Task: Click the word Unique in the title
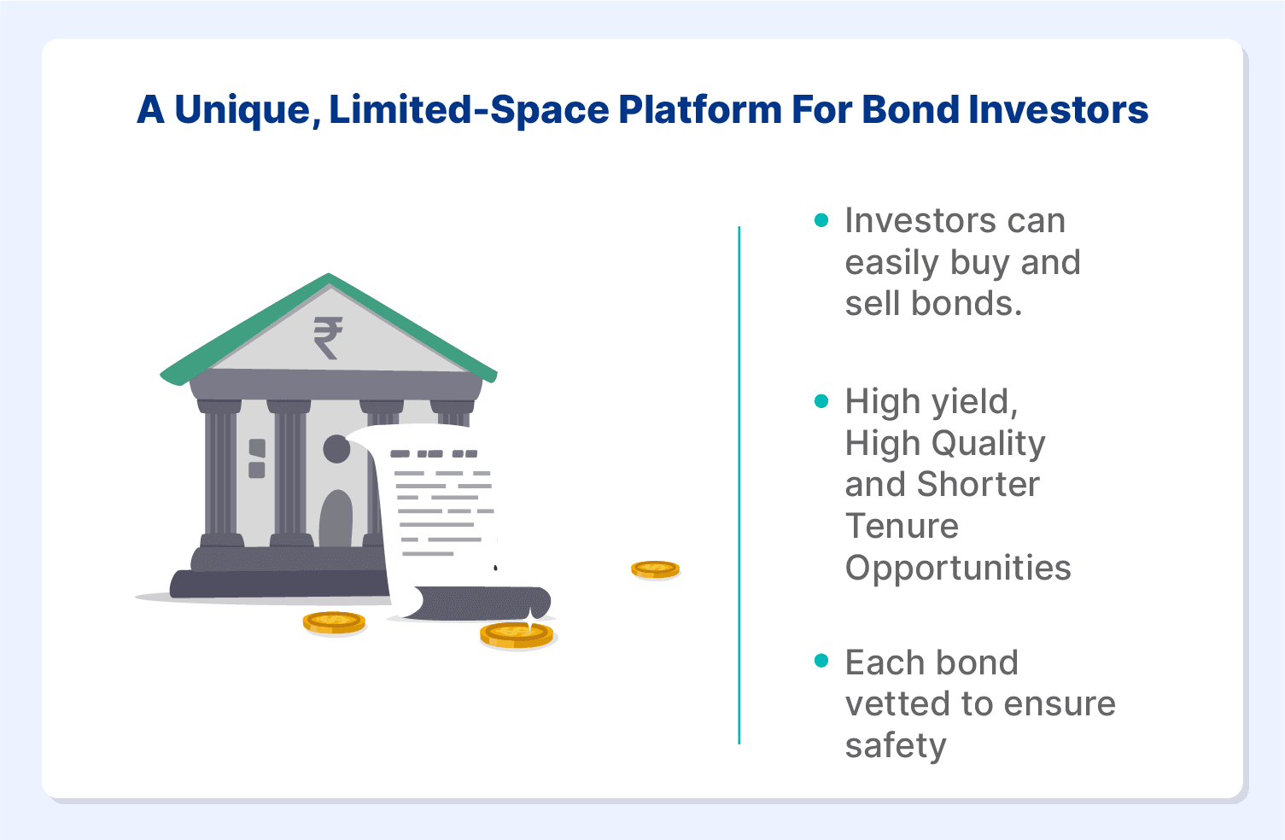click(245, 110)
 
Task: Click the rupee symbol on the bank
click(328, 337)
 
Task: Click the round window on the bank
click(336, 448)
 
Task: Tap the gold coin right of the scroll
click(655, 569)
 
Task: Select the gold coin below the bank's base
click(334, 622)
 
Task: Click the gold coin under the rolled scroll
click(516, 634)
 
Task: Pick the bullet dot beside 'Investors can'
click(821, 220)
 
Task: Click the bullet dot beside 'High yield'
click(821, 401)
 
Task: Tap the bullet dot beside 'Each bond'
click(821, 662)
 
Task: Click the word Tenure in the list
click(902, 526)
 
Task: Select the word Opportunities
click(958, 568)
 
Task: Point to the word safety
click(896, 746)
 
